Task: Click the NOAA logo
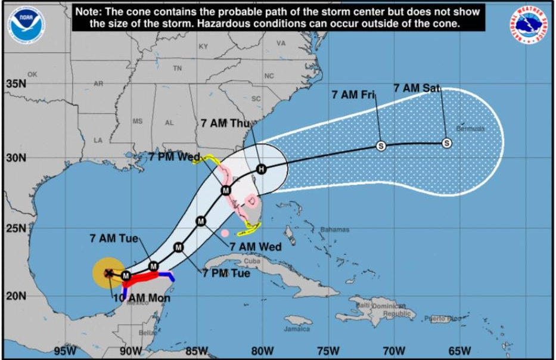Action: pos(26,24)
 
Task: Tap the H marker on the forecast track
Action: pos(260,169)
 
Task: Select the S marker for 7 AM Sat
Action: pos(447,143)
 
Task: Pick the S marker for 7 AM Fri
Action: pos(381,145)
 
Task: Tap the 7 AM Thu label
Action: pos(225,123)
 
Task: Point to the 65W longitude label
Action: pos(459,350)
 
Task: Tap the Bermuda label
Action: pos(471,128)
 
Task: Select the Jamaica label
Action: pos(297,328)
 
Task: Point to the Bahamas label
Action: pos(334,229)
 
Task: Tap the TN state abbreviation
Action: pos(177,69)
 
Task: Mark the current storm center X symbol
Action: pos(109,274)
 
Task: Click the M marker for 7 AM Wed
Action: pos(201,221)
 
